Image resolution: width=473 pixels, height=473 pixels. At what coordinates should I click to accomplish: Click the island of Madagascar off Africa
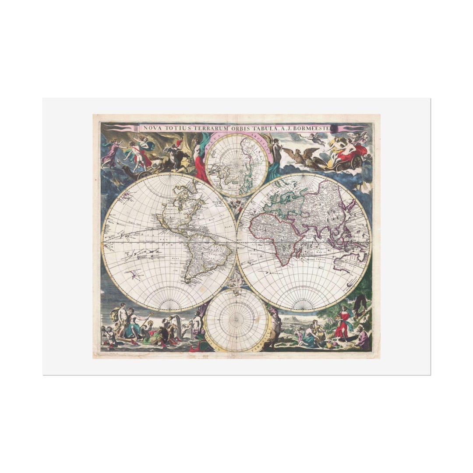(x=299, y=252)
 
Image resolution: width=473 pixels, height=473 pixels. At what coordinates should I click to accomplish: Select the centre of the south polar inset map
(x=236, y=320)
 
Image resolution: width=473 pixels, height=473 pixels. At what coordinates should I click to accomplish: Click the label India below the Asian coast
(x=321, y=258)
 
